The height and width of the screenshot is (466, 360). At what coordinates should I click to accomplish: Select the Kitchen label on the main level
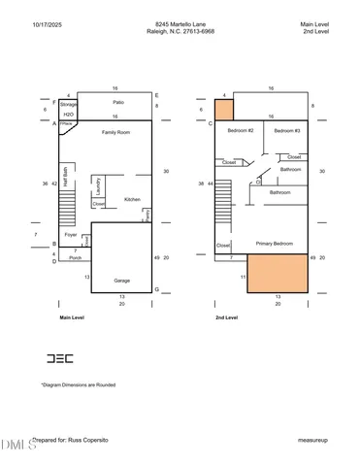132,200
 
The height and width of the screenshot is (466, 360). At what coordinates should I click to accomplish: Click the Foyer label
71,234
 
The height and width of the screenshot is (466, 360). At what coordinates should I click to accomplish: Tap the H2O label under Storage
68,114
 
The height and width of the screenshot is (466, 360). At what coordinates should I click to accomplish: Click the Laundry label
99,185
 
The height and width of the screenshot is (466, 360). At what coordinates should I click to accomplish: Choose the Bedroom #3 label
286,130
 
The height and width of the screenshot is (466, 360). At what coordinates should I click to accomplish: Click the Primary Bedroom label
276,243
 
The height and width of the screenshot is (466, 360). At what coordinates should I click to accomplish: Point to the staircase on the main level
67,205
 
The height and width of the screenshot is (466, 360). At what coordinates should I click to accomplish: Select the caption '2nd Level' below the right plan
226,317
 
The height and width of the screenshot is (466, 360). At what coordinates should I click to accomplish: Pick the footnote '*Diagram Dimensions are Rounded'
79,385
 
